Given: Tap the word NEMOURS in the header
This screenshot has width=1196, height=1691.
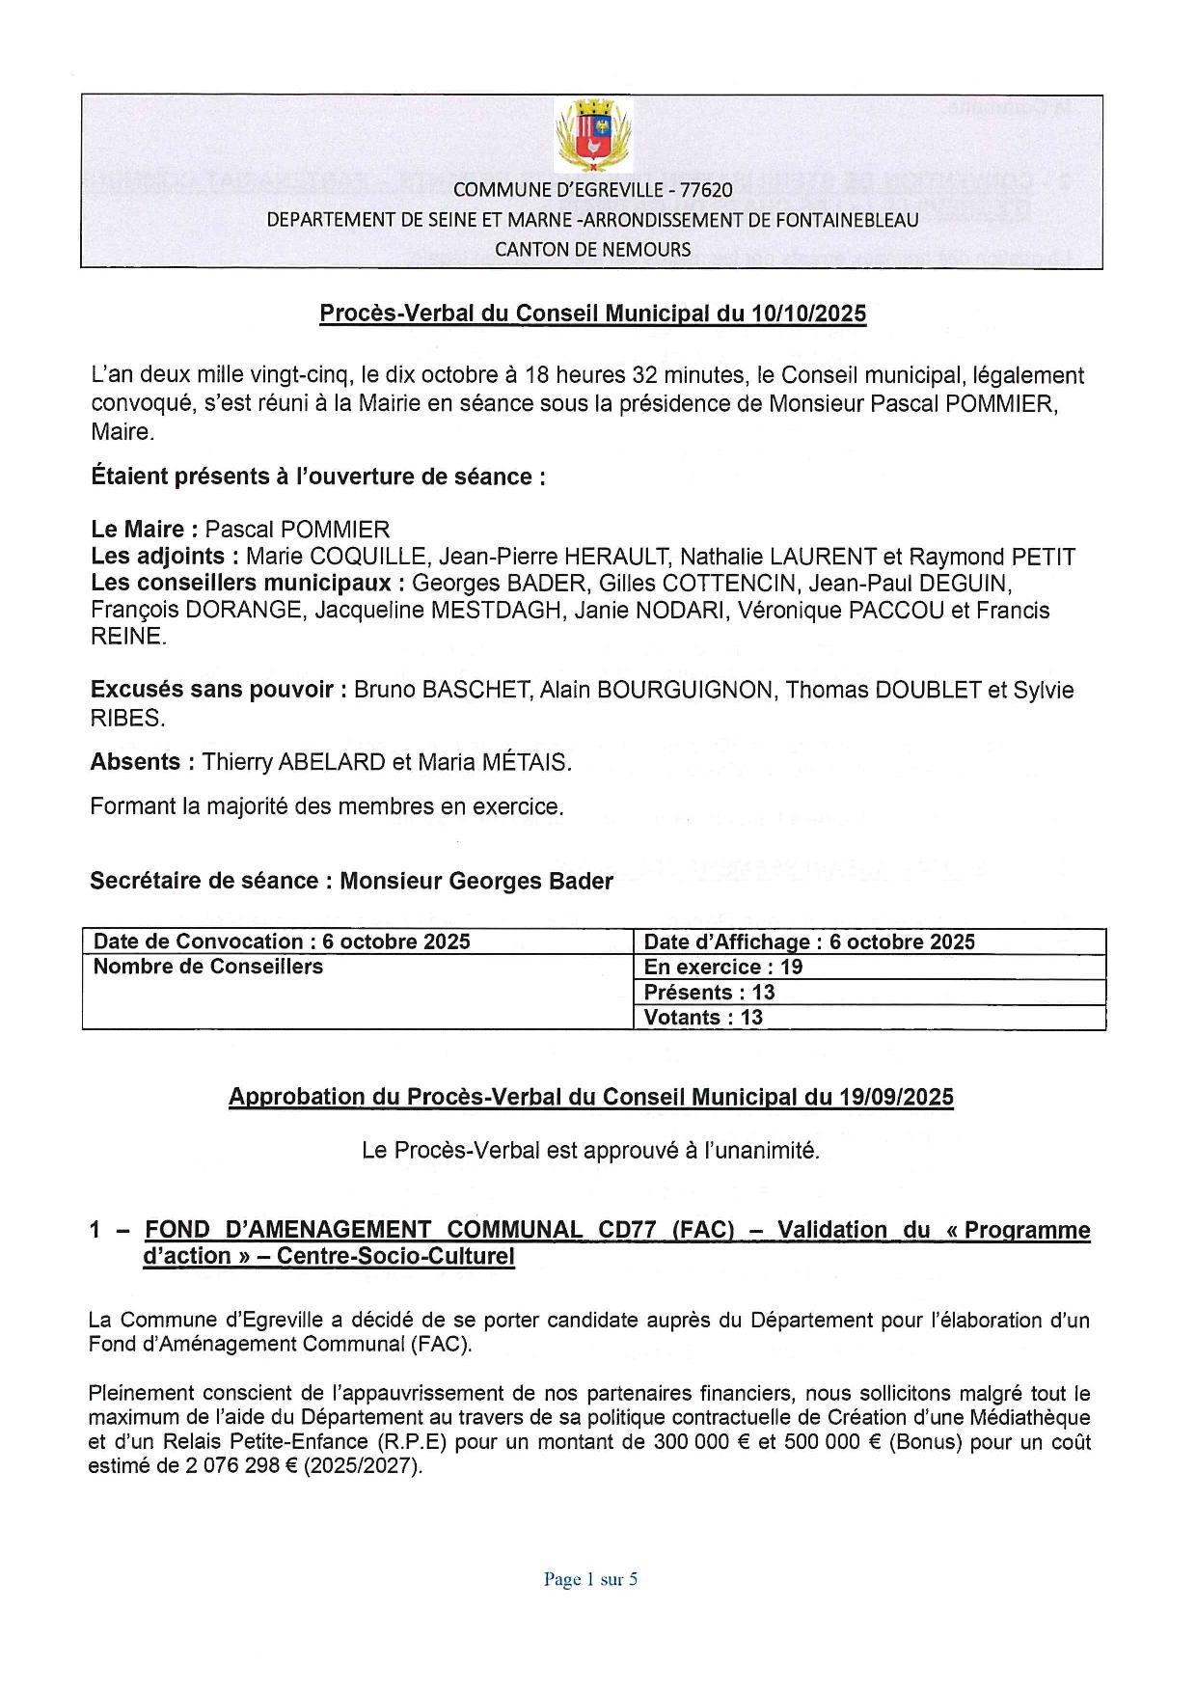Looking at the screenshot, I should (647, 249).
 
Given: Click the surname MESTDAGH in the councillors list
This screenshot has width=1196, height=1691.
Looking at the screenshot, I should (503, 610).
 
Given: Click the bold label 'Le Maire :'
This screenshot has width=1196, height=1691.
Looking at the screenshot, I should (145, 529).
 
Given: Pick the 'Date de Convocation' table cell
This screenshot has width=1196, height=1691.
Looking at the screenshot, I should (282, 941).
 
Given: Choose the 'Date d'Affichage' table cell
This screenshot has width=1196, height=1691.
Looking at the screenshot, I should (809, 941).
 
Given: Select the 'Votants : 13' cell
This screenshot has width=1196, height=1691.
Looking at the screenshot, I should (703, 1017).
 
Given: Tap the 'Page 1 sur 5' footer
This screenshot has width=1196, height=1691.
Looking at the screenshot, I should (590, 1579).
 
